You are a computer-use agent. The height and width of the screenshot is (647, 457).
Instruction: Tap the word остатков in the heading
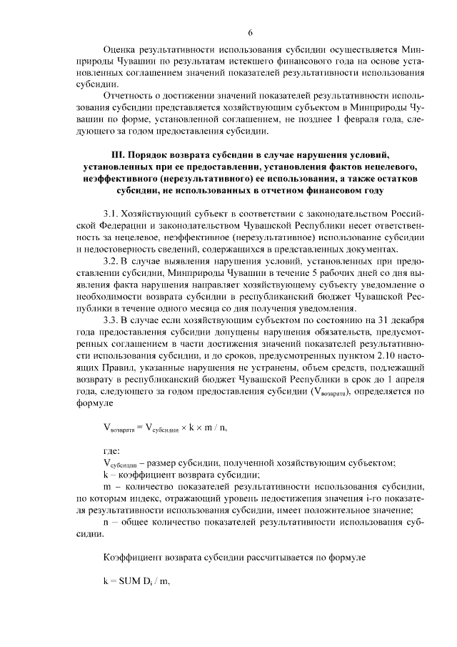(382, 179)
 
